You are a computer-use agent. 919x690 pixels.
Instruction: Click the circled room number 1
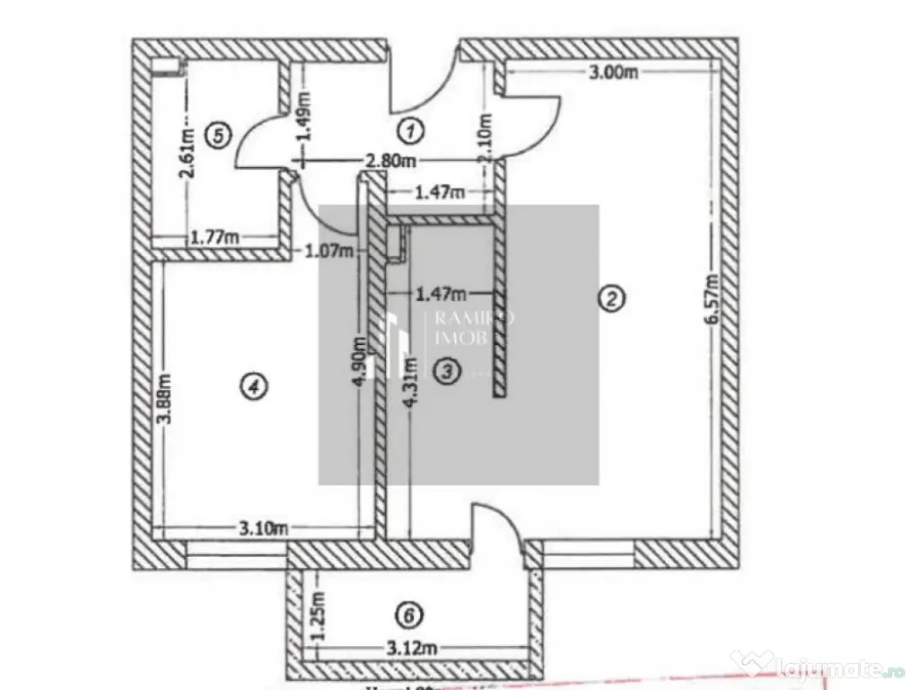pyautogui.click(x=410, y=131)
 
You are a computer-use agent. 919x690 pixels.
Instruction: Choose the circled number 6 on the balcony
pyautogui.click(x=409, y=615)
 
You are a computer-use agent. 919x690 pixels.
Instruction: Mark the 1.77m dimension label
pyautogui.click(x=214, y=237)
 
